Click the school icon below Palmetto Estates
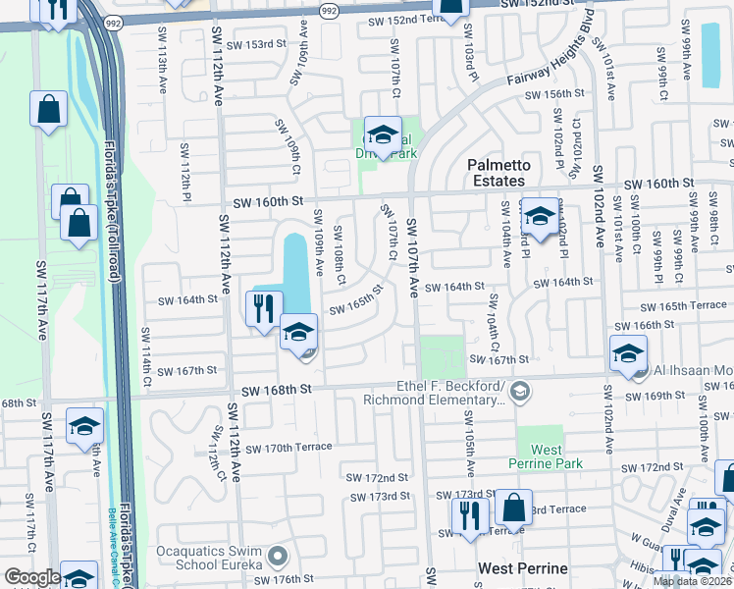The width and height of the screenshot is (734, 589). (x=539, y=216)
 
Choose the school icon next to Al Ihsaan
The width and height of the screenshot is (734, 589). (x=628, y=354)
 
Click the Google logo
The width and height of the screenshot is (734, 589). (x=32, y=577)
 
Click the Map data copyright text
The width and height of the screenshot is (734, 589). (x=692, y=581)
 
